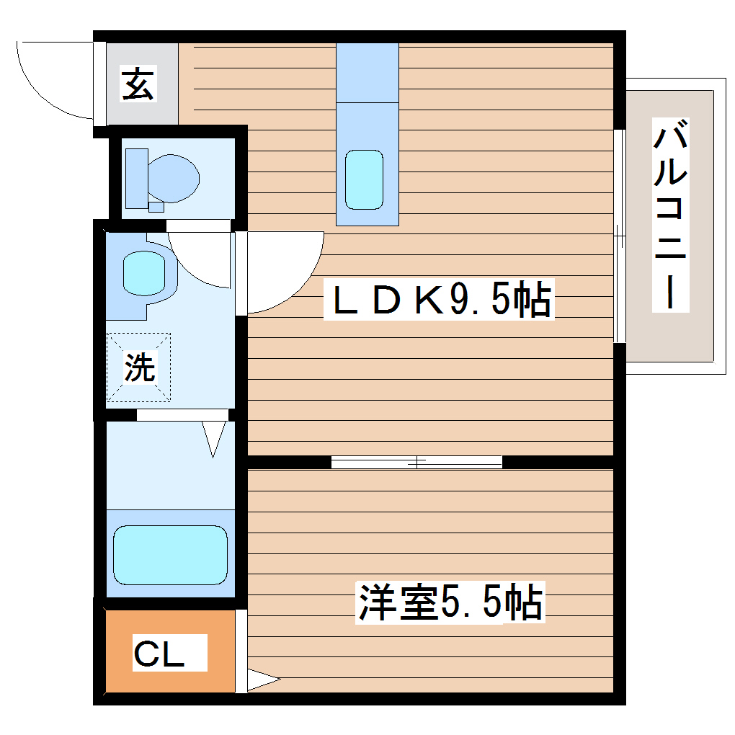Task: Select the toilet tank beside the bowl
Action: pos(136,177)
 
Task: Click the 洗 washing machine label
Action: pos(140,367)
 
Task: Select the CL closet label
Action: pos(159,654)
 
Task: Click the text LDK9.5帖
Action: pos(441,301)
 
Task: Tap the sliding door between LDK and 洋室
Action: pos(416,462)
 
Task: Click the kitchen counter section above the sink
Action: pos(367,72)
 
